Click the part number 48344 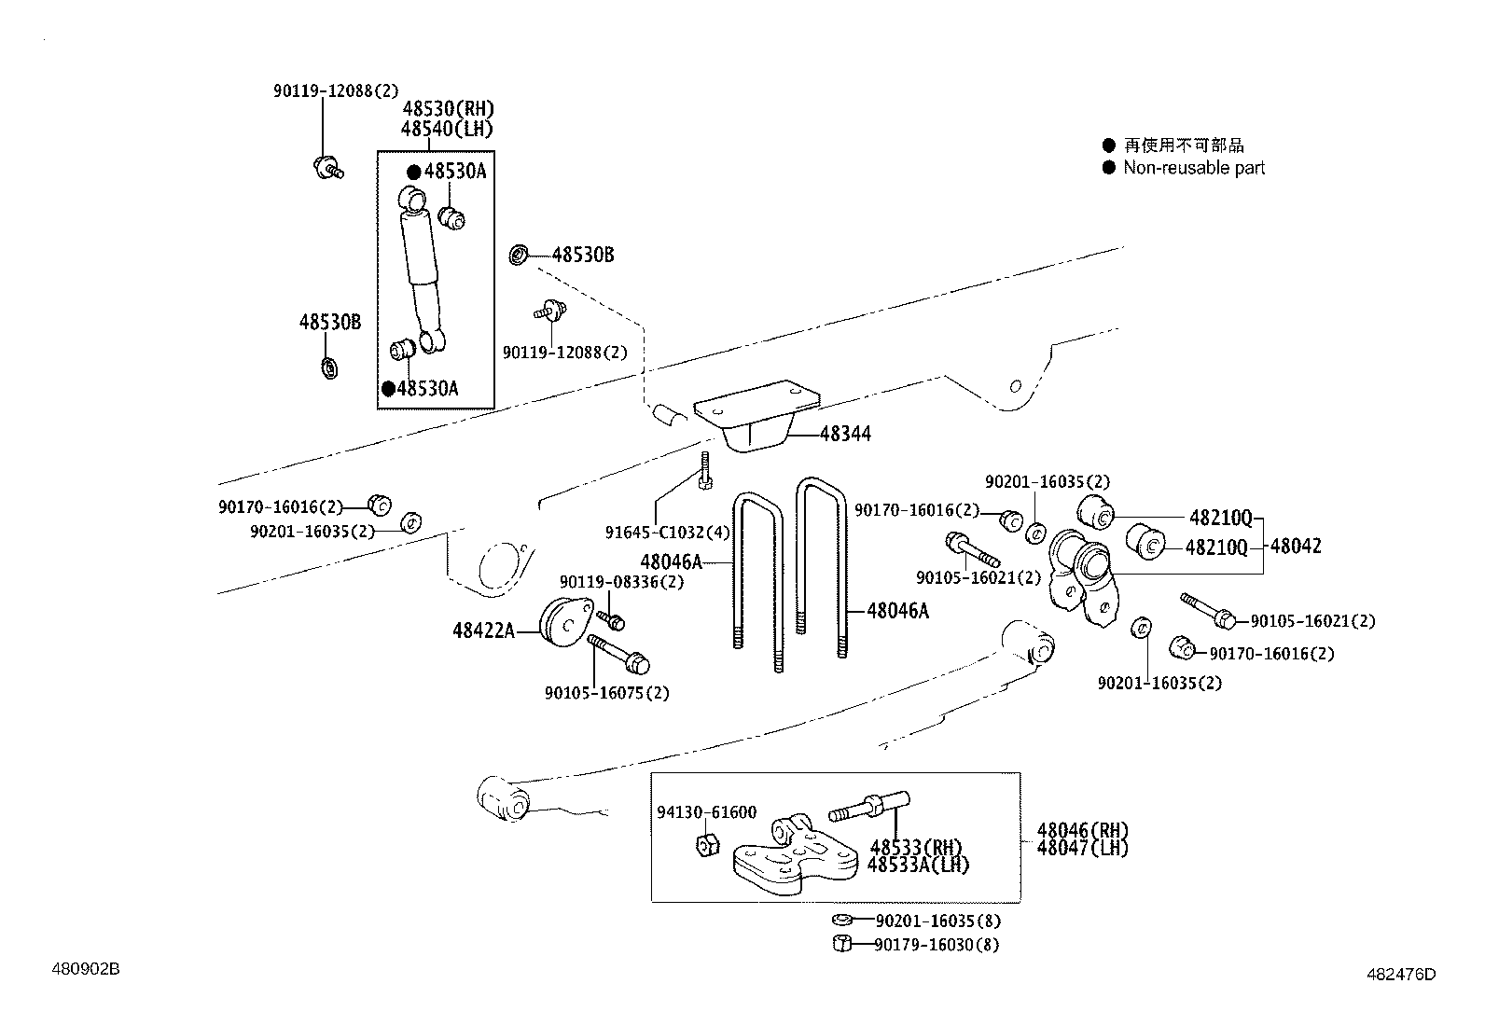click(x=845, y=434)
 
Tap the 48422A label click(x=483, y=631)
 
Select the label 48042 click(x=1296, y=547)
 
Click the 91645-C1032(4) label click(x=667, y=533)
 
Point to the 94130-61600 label click(x=706, y=812)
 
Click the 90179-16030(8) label click(x=937, y=945)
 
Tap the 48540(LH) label click(x=447, y=129)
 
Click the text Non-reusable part click(x=1194, y=168)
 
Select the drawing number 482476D click(x=1401, y=975)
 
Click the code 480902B click(x=85, y=969)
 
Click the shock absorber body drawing click(x=421, y=270)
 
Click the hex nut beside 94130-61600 click(x=706, y=845)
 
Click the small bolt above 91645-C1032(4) click(x=706, y=469)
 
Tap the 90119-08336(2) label click(x=621, y=582)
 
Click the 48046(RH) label click(x=1082, y=830)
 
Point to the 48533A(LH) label click(x=918, y=865)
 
